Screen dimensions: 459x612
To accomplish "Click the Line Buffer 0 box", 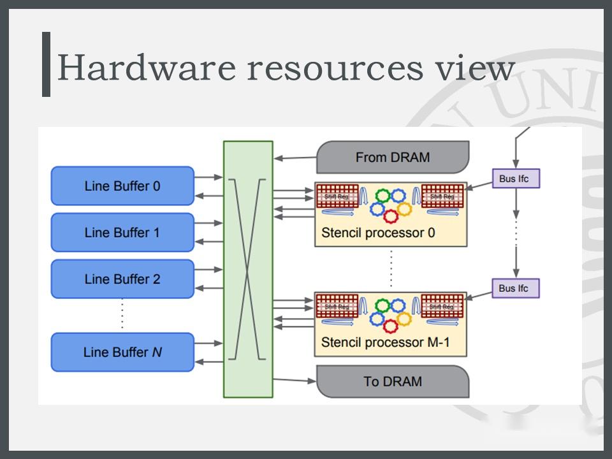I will [x=122, y=186].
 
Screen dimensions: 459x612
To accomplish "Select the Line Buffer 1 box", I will [x=122, y=233].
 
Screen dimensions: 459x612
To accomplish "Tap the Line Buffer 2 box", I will [x=122, y=279].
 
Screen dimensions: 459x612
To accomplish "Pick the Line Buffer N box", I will [x=122, y=352].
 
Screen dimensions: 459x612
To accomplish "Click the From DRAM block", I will [x=393, y=157].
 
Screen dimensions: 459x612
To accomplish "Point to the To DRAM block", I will [x=393, y=381].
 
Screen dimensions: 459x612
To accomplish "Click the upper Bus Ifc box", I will [x=516, y=178].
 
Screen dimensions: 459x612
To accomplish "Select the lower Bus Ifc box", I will [x=516, y=288].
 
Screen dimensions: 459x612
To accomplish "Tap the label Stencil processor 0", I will [x=378, y=233].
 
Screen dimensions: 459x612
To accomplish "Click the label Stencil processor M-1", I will [x=385, y=342].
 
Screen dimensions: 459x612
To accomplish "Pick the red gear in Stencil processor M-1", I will [x=390, y=325].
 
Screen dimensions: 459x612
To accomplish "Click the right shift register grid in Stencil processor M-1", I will [x=442, y=305].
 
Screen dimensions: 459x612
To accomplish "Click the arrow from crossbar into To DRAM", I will [x=295, y=381].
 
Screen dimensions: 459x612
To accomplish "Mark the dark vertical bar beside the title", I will [x=46, y=64].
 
